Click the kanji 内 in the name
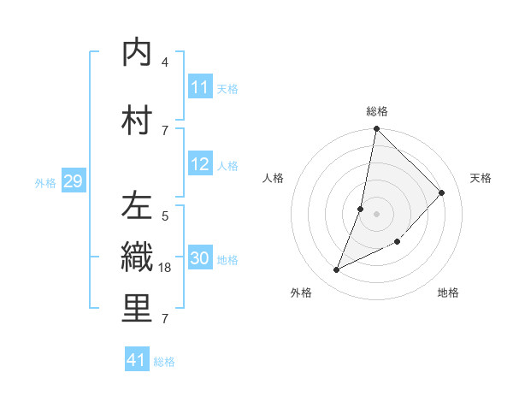137,53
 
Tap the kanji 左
137,206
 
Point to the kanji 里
137,309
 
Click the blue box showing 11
200,87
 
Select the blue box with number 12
200,165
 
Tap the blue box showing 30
200,259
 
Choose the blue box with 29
73,181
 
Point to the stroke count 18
166,268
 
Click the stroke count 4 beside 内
165,62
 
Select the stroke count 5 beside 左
165,216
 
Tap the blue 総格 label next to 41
164,362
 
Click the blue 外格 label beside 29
45,182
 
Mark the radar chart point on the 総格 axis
376,129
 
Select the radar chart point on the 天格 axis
442,192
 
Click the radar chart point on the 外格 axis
336,270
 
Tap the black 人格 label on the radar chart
274,178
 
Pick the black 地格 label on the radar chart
448,293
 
